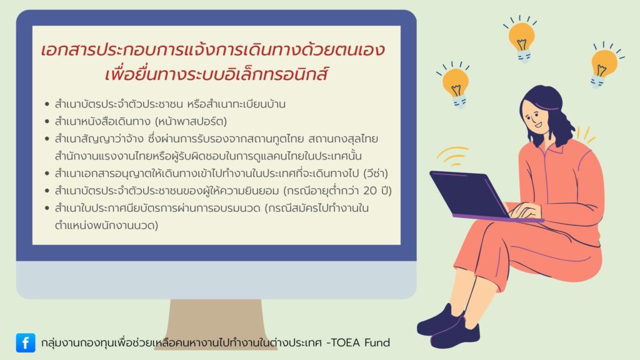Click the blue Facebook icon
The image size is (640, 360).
[26, 342]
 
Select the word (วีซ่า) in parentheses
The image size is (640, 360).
[376, 174]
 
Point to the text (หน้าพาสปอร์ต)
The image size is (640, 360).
[191, 121]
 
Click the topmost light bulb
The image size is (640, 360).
[521, 39]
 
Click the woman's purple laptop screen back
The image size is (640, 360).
[469, 194]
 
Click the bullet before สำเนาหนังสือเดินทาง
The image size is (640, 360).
[47, 122]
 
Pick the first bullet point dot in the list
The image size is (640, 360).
[47, 104]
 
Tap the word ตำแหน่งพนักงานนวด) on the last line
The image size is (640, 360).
[106, 225]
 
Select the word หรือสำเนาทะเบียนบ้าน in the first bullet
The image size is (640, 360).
[236, 104]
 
